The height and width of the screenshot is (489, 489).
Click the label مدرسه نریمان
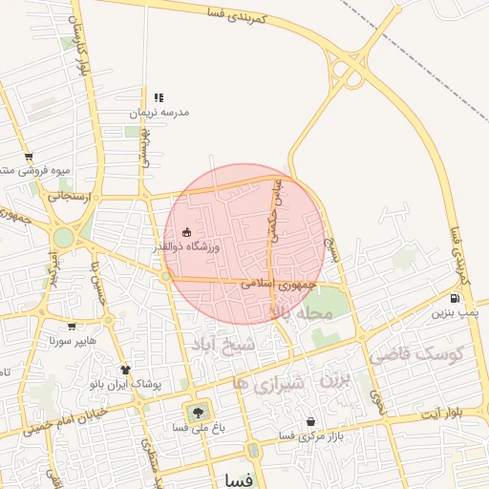coord(160,113)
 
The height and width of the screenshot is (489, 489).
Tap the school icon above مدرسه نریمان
coord(159,97)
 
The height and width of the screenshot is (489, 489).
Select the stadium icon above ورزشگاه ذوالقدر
coord(186,232)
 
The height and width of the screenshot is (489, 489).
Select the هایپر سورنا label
coord(74,340)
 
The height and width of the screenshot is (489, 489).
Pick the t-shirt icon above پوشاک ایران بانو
coord(125,370)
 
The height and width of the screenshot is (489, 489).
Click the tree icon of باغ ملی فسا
coord(199,413)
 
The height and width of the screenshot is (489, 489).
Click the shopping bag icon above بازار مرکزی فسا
coord(310,421)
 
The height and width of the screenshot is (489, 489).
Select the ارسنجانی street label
coord(74,197)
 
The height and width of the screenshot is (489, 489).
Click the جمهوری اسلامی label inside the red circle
coord(271,284)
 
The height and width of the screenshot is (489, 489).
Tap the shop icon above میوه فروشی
coord(29,157)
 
